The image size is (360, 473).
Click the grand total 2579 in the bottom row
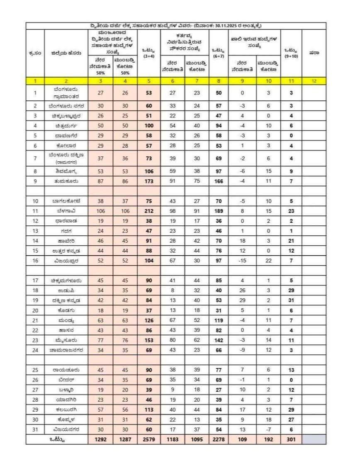click(149, 439)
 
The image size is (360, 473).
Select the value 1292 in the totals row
click(100, 439)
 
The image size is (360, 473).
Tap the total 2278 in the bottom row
click(218, 439)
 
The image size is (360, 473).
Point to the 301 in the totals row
click(291, 439)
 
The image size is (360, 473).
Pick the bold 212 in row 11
click(149, 211)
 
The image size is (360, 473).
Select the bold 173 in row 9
click(149, 181)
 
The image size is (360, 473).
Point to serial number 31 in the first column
click(35, 429)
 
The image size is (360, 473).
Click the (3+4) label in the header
click(149, 56)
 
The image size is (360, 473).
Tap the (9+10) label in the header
click(291, 56)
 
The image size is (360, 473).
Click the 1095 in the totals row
click(195, 439)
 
